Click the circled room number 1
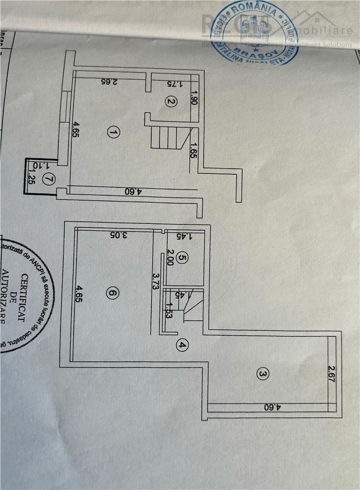[112, 132]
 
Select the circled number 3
[261, 374]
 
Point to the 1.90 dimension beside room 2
[194, 99]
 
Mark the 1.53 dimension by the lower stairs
[169, 311]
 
